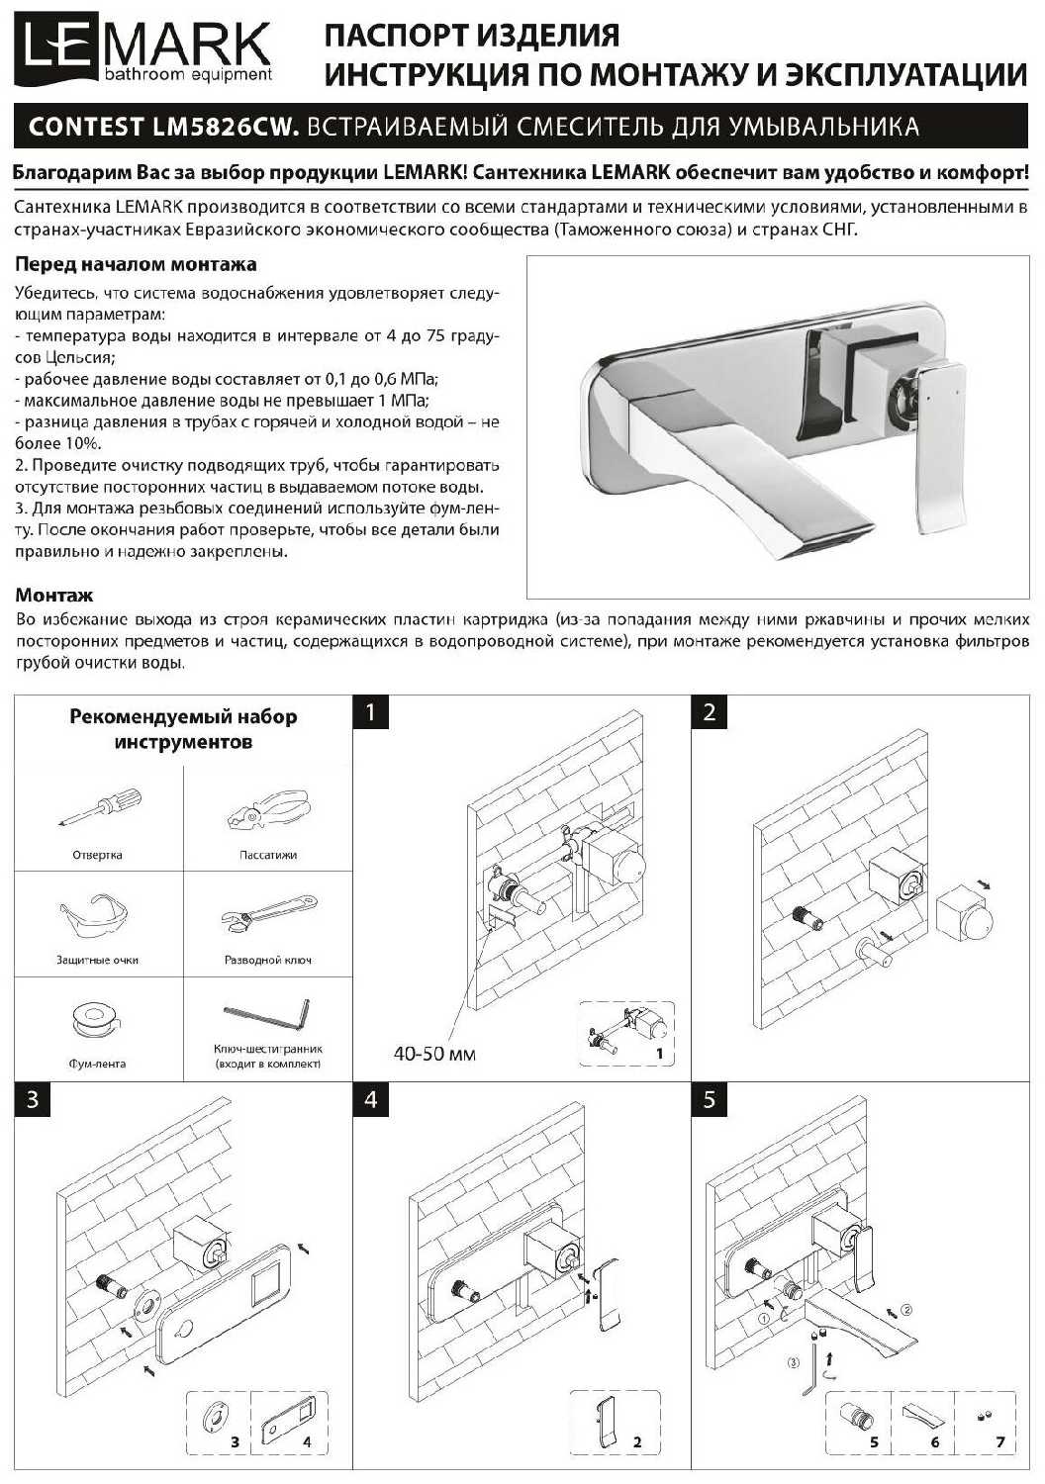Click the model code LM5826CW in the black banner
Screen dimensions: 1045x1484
click(x=223, y=126)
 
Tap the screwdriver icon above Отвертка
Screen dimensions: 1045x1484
click(x=100, y=806)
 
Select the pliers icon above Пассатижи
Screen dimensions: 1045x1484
click(x=267, y=811)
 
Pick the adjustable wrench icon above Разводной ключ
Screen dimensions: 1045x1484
click(x=268, y=915)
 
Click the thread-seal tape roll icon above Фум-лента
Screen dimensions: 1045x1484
click(x=96, y=1020)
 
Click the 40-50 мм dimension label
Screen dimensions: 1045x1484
click(x=434, y=1054)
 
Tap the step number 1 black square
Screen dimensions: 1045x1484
click(x=370, y=713)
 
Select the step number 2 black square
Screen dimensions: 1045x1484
click(x=709, y=713)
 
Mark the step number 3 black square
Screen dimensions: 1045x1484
click(x=32, y=1100)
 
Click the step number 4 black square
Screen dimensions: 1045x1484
click(x=370, y=1100)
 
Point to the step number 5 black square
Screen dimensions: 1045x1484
click(x=709, y=1100)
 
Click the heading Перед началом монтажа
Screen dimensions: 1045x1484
click(x=136, y=265)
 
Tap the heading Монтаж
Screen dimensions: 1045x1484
click(x=54, y=595)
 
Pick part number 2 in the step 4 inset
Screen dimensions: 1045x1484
click(x=637, y=1441)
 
